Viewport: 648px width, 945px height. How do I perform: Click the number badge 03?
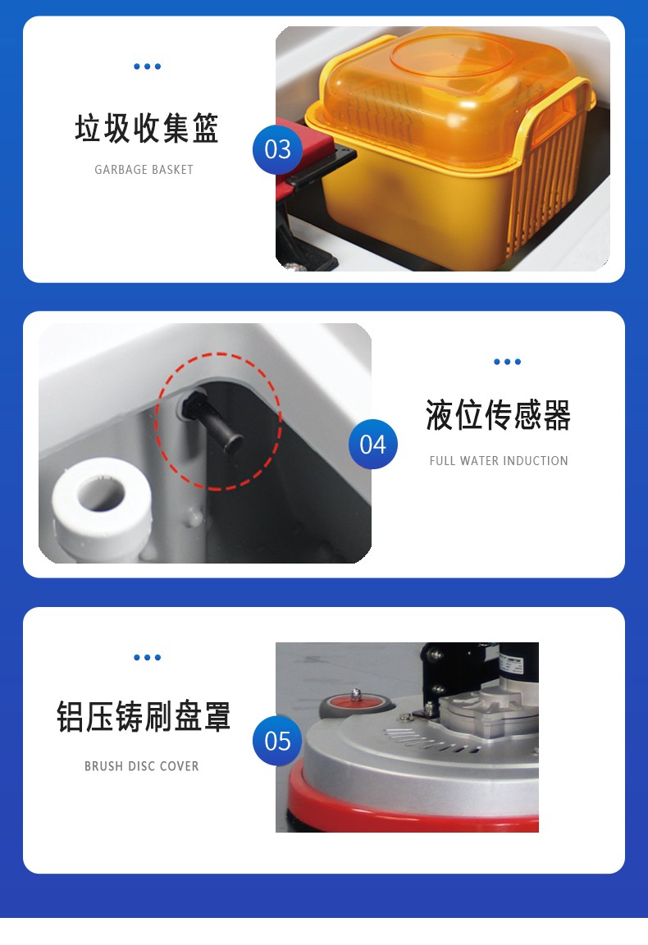[x=277, y=149]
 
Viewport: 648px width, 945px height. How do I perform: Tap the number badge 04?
[x=372, y=444]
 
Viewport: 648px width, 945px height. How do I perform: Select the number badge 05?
[x=277, y=741]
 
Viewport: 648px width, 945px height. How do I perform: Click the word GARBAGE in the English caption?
[x=121, y=170]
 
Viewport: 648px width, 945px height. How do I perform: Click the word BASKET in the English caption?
[x=173, y=170]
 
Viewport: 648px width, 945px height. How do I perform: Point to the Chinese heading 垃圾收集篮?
[x=147, y=130]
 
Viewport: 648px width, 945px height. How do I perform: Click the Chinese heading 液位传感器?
[x=498, y=416]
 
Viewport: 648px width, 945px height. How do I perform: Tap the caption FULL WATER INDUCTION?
[x=499, y=461]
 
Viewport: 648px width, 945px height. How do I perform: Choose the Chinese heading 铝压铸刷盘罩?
[x=144, y=716]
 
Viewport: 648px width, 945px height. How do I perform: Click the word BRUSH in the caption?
[x=104, y=766]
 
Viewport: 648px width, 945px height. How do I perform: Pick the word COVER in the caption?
[x=180, y=766]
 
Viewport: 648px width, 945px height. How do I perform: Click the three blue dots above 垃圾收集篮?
[x=147, y=66]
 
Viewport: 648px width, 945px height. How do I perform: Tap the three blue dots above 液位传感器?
[x=507, y=362]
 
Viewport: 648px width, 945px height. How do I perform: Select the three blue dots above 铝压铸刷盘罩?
[x=147, y=657]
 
